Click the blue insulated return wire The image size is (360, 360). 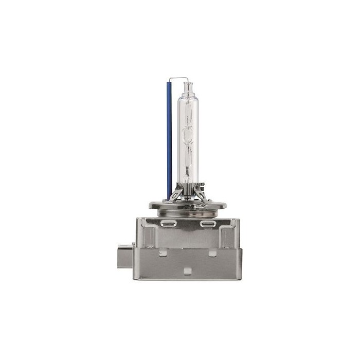168,139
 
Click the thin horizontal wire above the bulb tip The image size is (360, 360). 178,79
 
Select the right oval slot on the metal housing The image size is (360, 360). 208,225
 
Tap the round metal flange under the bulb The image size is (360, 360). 187,205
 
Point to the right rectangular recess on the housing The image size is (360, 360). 227,237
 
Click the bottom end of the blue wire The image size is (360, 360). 169,197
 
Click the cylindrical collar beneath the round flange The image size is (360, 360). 187,212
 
